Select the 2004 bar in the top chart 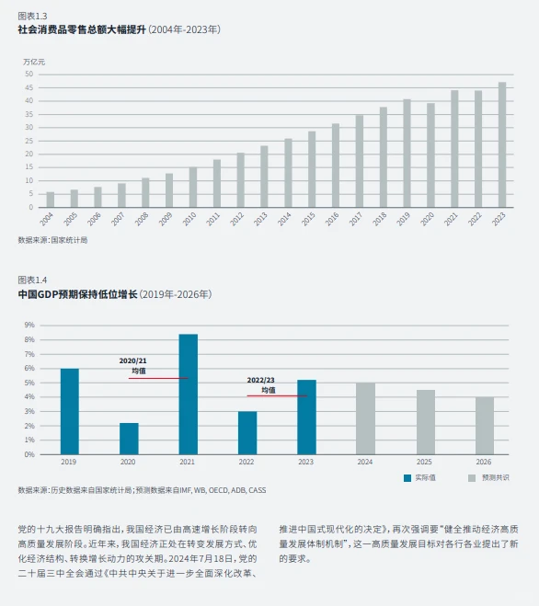[x=50, y=200]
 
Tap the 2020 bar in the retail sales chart [x=430, y=154]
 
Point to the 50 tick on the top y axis [x=29, y=74]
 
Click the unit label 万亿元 [x=33, y=61]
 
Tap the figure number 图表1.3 [x=32, y=16]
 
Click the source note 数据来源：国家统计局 [x=52, y=240]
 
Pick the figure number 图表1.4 [x=32, y=280]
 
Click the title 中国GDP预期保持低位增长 [x=76, y=294]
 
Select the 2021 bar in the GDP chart [x=188, y=394]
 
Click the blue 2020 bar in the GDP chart [x=129, y=438]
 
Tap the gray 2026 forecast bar [x=485, y=425]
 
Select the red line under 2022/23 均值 [x=277, y=395]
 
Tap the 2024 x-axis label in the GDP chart [x=365, y=461]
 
